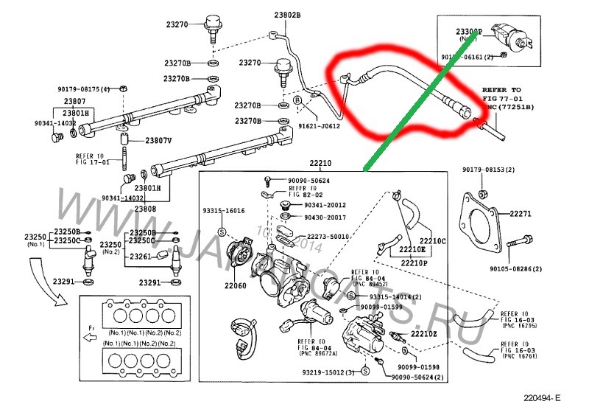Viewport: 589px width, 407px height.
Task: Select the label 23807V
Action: click(x=158, y=140)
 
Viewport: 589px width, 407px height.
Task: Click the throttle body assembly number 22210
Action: click(x=320, y=163)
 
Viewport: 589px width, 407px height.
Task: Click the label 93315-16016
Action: click(x=224, y=211)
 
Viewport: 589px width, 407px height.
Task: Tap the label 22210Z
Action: click(x=424, y=334)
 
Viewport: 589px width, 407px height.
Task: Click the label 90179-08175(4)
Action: click(x=83, y=89)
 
